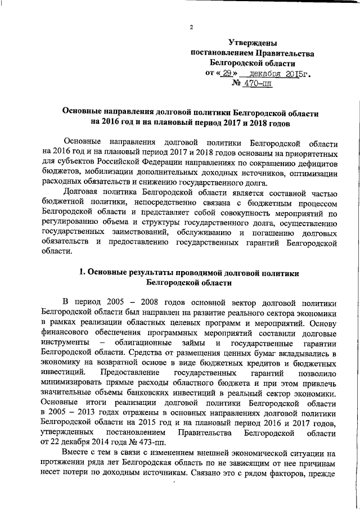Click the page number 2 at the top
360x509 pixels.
click(x=191, y=28)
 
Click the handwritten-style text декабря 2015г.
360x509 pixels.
click(x=281, y=74)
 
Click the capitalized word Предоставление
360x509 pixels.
click(x=127, y=372)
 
